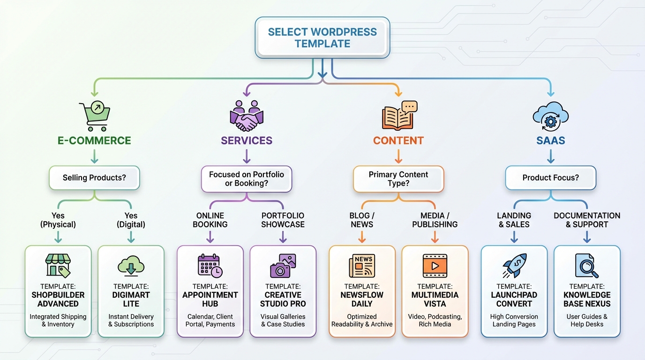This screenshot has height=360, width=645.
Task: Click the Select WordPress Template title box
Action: [x=322, y=37]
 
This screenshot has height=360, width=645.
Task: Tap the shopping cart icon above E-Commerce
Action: [x=94, y=116]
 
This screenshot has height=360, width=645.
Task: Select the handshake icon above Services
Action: [x=247, y=116]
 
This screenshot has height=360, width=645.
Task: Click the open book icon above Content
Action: [x=398, y=116]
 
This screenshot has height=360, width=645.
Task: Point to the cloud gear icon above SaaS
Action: [x=550, y=116]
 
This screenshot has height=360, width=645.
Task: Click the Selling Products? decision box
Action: [x=94, y=178]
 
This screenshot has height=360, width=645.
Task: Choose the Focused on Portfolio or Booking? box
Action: [x=247, y=179]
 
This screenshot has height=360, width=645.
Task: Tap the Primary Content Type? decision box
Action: [x=398, y=179]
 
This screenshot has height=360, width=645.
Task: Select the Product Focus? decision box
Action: [x=550, y=178]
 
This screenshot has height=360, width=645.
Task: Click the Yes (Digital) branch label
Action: [x=131, y=220]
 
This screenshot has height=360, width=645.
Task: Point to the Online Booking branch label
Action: [x=210, y=220]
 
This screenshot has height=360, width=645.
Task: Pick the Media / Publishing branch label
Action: [x=435, y=220]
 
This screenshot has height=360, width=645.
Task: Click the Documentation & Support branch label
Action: [x=587, y=220]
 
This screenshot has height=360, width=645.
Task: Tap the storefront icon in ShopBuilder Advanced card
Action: [x=58, y=265]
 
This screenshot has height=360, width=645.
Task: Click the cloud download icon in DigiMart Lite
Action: [x=131, y=265]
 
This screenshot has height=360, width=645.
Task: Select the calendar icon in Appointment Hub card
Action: [x=210, y=265]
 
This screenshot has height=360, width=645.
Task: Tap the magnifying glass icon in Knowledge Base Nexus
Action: [x=587, y=266]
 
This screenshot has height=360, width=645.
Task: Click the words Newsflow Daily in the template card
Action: [x=362, y=299]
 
